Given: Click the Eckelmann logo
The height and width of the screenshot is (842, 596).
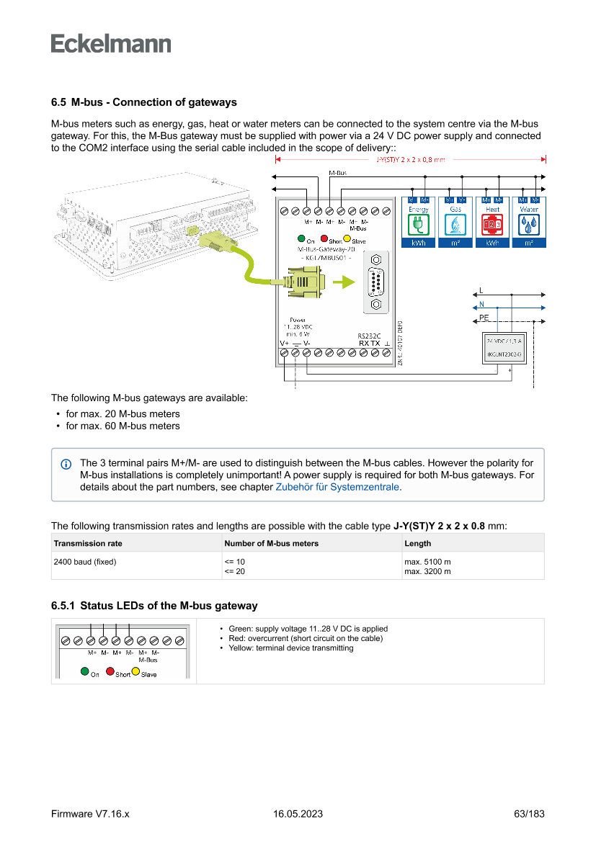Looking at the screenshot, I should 111,43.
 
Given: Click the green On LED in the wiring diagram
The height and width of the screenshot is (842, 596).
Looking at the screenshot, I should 301,239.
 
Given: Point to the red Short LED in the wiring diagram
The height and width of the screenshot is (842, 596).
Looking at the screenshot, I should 324,239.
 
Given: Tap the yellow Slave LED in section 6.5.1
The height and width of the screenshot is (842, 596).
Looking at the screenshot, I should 135,671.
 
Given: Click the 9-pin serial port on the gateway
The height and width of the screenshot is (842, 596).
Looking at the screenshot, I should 375,281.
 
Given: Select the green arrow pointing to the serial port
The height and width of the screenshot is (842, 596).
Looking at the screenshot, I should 348,281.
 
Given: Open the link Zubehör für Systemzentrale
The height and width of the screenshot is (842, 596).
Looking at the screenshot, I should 338,487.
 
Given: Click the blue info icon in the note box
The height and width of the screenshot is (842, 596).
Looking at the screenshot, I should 67,463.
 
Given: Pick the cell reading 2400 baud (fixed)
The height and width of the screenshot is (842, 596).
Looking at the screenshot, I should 85,561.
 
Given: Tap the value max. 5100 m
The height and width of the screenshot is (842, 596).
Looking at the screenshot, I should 428,561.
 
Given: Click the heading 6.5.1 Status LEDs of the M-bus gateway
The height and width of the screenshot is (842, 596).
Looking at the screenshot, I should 154,606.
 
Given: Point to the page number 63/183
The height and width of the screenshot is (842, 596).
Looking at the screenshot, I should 529,814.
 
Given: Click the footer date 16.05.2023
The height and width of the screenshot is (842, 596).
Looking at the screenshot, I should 298,814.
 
